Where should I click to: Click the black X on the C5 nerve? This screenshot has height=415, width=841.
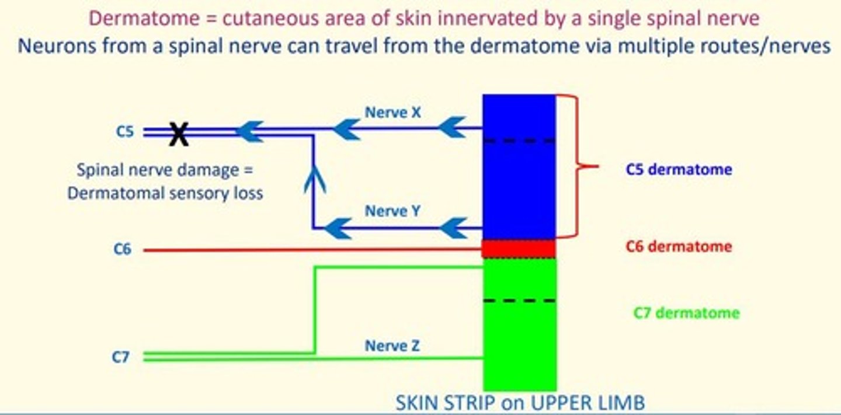[179, 134]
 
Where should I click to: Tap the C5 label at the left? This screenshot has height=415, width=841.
[124, 132]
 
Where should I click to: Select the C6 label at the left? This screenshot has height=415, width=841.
[122, 250]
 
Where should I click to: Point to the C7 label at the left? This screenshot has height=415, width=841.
[120, 357]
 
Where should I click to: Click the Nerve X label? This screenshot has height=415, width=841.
[392, 112]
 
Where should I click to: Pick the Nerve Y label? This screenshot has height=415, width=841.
[392, 210]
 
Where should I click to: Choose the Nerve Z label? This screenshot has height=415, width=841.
[392, 346]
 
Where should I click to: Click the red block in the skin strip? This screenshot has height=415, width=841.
[519, 249]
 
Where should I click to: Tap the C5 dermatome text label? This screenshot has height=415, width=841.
[679, 169]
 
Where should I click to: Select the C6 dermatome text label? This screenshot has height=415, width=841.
[678, 246]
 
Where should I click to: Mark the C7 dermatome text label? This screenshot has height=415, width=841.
[686, 313]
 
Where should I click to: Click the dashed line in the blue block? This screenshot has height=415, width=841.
[519, 141]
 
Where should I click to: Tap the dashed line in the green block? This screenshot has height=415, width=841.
[519, 301]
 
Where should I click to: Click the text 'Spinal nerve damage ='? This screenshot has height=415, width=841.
[166, 171]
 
